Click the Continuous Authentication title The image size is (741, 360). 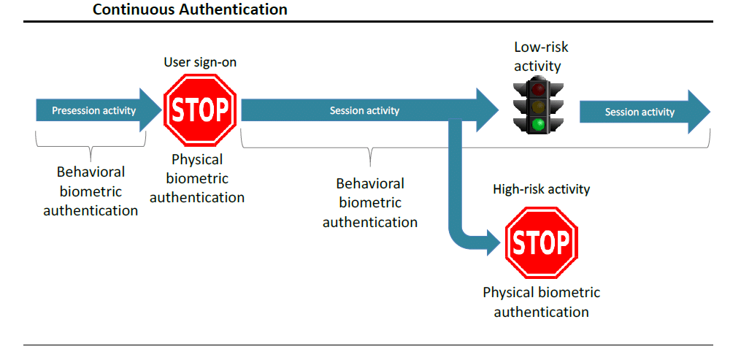(x=190, y=9)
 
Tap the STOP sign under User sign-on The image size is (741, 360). (x=200, y=110)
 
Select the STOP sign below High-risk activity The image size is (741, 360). (x=541, y=242)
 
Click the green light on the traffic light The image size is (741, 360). (x=539, y=125)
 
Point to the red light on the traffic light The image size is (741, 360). (x=539, y=89)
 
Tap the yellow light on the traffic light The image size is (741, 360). (x=539, y=107)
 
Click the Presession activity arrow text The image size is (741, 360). (x=93, y=111)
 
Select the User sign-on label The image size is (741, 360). (x=200, y=63)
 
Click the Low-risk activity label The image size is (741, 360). (x=540, y=56)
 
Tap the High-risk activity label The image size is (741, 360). (x=541, y=189)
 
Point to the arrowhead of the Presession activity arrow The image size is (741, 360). (x=150, y=110)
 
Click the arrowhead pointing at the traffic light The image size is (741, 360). (x=487, y=110)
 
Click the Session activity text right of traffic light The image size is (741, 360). (x=640, y=112)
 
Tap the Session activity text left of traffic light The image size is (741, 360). (x=364, y=111)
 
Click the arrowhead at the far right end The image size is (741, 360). (x=699, y=111)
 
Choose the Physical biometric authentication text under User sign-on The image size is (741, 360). (x=197, y=178)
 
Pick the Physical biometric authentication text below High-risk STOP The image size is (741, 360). (x=541, y=302)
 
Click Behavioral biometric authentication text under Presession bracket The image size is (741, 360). (x=91, y=191)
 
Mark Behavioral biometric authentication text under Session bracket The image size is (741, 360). (x=370, y=203)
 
